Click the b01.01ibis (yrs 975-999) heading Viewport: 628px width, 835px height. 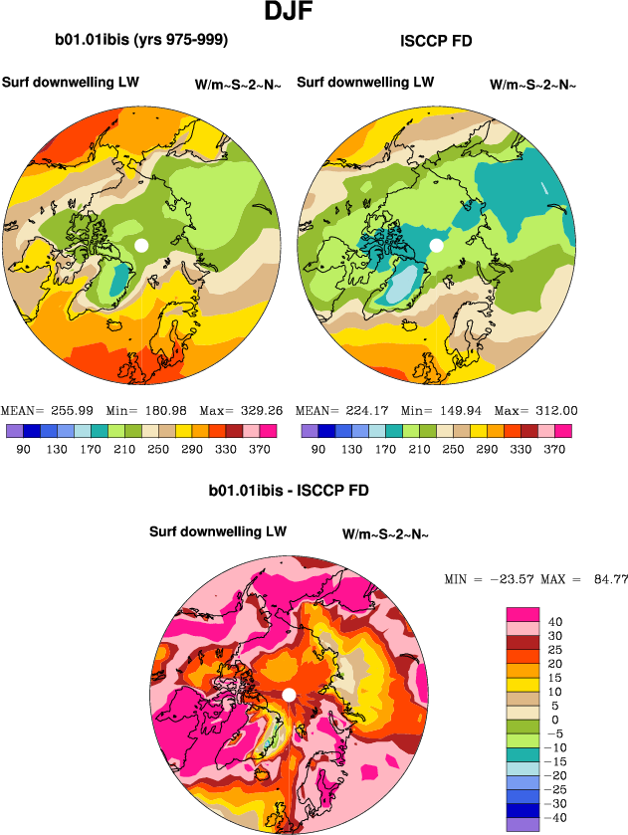point(142,41)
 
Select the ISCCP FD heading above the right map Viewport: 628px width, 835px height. point(435,42)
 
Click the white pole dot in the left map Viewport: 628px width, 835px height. point(141,245)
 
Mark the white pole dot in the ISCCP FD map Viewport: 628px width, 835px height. point(436,245)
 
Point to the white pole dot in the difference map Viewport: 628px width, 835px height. point(289,695)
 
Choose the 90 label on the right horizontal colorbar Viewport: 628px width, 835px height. point(317,450)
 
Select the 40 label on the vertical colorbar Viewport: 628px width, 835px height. point(554,622)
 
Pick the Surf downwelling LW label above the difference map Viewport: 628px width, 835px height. point(218,532)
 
